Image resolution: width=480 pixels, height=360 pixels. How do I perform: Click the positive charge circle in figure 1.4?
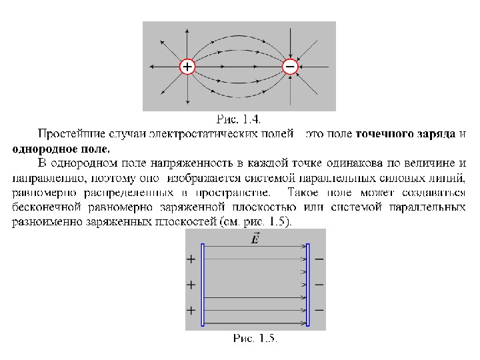click(187, 67)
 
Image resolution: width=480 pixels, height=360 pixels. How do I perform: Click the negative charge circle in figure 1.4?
click(290, 67)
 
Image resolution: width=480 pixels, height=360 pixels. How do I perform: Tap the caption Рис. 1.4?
click(239, 119)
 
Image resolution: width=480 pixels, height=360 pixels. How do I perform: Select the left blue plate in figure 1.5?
click(202, 285)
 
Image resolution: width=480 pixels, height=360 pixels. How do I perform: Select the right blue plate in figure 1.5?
click(308, 285)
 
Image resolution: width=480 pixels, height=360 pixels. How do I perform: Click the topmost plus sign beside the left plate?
click(191, 259)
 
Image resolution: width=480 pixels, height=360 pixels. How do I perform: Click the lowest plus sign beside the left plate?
click(191, 310)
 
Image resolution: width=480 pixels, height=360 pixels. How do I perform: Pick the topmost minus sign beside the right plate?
click(319, 259)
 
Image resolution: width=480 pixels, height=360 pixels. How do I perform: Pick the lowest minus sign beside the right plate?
click(319, 309)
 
